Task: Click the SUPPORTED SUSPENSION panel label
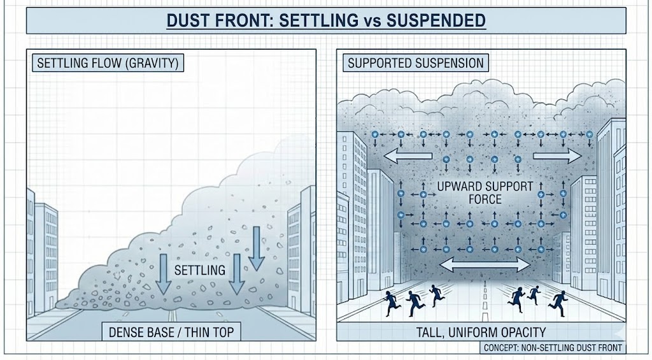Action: [x=416, y=63]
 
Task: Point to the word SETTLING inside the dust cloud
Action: [x=199, y=270]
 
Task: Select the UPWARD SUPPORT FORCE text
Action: [x=469, y=193]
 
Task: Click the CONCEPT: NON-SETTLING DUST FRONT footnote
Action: [x=552, y=348]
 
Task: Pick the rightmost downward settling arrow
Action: [x=256, y=248]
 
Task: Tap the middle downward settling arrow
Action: [x=237, y=274]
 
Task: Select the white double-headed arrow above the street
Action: [x=485, y=264]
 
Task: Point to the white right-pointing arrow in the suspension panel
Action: [x=556, y=156]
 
